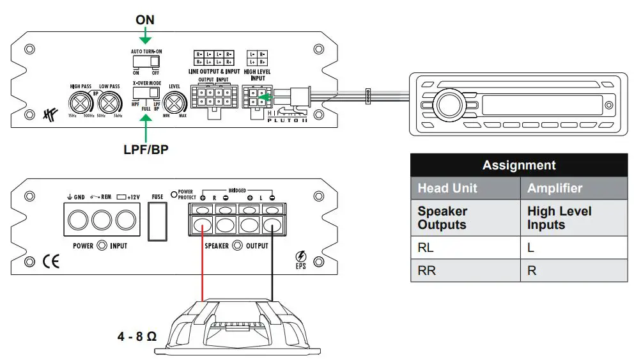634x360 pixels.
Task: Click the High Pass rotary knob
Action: [x=81, y=102]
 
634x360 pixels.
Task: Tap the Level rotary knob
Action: [x=174, y=102]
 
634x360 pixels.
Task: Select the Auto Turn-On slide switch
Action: [x=145, y=61]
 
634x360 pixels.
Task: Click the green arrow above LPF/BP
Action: [x=146, y=131]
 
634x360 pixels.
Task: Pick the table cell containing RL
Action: [x=465, y=247]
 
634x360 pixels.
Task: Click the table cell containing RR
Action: [x=465, y=270]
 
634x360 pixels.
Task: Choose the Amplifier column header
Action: [x=573, y=188]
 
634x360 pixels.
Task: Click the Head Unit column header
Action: [x=465, y=188]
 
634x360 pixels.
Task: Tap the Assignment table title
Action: [x=518, y=165]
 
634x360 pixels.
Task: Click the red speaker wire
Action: [x=203, y=269]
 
